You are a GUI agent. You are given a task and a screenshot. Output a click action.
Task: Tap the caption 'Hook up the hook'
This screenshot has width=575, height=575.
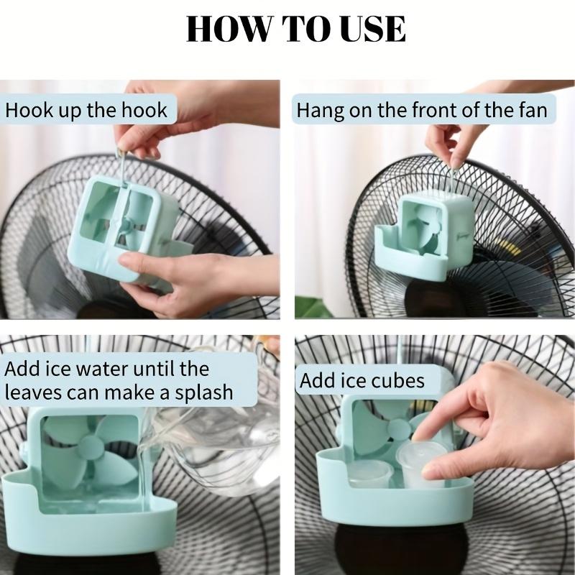(86, 110)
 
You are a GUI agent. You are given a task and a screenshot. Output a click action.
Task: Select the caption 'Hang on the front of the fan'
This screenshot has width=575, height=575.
(422, 110)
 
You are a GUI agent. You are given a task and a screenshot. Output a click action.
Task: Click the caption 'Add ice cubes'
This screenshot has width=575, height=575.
(362, 379)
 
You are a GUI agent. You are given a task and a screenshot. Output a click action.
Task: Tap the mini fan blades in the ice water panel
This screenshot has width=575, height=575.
(89, 449)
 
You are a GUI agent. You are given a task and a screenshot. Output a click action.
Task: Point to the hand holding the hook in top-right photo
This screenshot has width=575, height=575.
(449, 144)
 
